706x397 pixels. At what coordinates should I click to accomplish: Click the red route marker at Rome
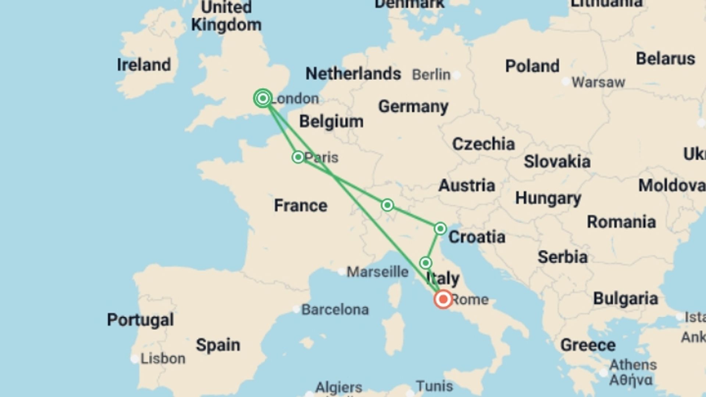pos(443,299)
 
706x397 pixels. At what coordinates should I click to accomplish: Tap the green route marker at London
pos(263,99)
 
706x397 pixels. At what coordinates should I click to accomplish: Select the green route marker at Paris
pos(298,157)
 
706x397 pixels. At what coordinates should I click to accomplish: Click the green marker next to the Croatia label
pos(440,229)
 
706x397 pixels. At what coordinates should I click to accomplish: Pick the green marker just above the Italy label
pos(425,263)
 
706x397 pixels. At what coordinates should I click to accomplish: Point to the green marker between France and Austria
pos(387,205)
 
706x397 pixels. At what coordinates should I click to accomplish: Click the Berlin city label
pos(431,75)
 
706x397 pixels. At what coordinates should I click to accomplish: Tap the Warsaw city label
pos(598,82)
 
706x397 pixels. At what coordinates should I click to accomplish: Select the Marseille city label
pos(378,272)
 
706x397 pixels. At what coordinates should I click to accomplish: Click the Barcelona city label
pos(335,310)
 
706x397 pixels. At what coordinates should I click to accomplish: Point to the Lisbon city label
pos(163,358)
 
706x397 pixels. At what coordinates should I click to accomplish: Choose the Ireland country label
pos(144,65)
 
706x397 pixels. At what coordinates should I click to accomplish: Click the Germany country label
pos(413,107)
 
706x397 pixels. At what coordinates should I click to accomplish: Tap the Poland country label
pos(532,67)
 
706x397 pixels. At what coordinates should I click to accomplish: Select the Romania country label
pos(621,222)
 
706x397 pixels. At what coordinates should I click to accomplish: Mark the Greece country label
pos(588,345)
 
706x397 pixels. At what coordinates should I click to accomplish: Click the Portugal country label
pos(140,320)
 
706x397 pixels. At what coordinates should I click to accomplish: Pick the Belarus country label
pos(665,59)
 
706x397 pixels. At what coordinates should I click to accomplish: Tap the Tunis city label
pos(434,386)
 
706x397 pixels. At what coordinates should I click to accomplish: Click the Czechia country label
pos(483,144)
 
